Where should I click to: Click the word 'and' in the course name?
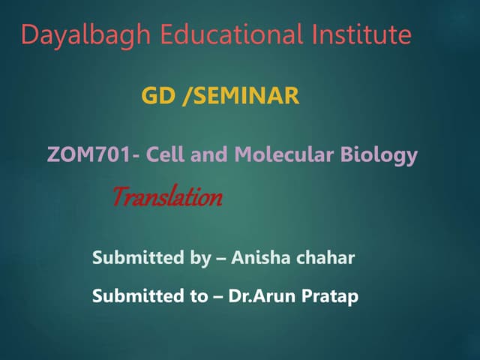click(x=208, y=156)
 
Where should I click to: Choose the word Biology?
click(x=379, y=156)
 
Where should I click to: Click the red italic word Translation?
click(x=166, y=198)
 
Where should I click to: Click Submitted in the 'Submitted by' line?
click(x=136, y=259)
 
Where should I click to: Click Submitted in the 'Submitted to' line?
click(x=136, y=296)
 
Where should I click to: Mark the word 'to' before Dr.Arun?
click(x=197, y=296)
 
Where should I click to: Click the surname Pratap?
click(x=331, y=296)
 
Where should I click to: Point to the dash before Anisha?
click(x=220, y=259)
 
